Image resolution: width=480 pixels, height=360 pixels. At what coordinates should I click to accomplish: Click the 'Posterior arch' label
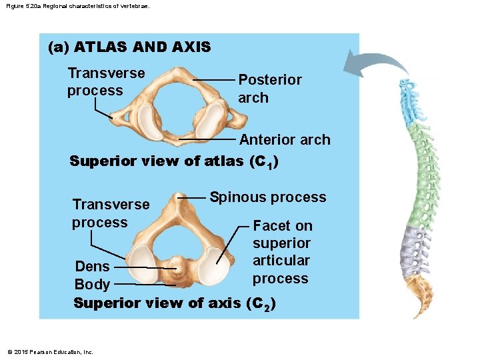point(269,89)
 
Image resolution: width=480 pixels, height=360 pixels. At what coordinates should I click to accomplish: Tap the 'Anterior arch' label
point(285,140)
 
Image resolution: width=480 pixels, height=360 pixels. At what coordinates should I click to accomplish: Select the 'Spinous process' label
point(268,197)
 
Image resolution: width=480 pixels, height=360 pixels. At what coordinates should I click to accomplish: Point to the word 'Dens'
point(92,267)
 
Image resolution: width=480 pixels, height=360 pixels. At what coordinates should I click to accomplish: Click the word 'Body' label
point(92,285)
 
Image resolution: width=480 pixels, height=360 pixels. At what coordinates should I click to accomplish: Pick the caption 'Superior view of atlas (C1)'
point(174,161)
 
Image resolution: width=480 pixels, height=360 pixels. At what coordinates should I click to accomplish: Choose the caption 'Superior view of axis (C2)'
point(175,303)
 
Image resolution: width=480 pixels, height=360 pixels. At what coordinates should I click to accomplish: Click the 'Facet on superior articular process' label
point(281,252)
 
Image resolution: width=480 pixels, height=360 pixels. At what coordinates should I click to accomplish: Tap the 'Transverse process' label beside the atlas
point(106,82)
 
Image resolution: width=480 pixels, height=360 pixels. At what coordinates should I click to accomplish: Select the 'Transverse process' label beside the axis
point(111,213)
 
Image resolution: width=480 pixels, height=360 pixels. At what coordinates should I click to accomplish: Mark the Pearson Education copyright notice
point(50,352)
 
